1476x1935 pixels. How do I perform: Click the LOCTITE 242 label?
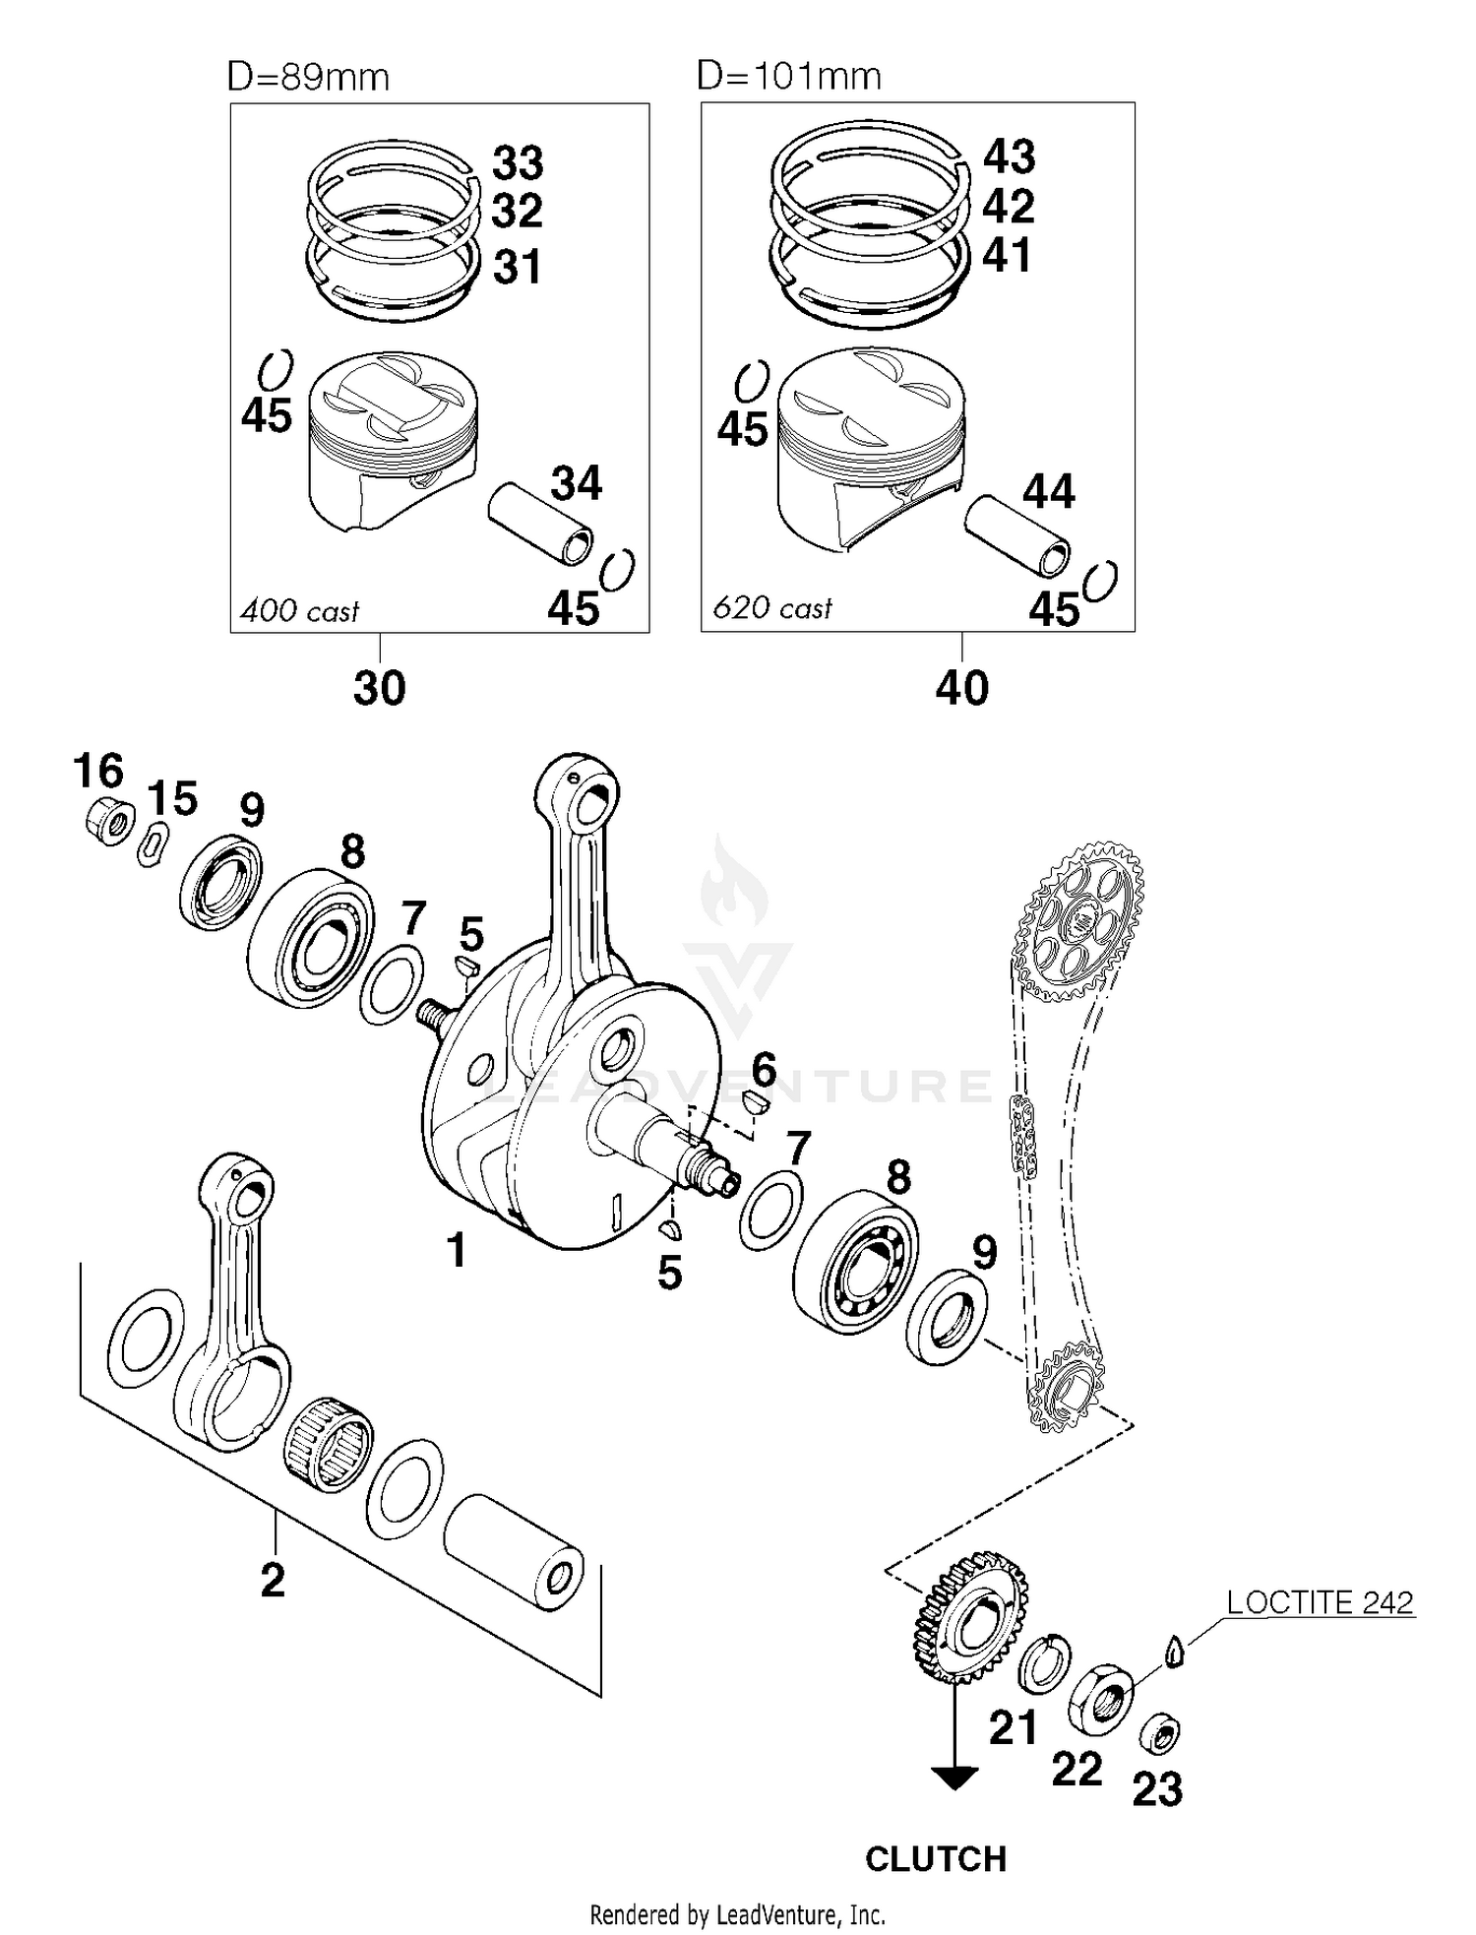click(1319, 1603)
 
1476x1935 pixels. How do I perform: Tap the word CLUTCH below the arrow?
click(936, 1859)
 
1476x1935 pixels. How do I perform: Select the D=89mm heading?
click(308, 77)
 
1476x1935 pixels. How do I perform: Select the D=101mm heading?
click(788, 76)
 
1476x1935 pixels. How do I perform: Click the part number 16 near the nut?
click(98, 771)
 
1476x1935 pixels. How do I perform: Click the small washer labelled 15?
click(153, 845)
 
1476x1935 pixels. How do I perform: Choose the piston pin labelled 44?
click(1017, 536)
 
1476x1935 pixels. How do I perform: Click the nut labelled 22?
click(1101, 1700)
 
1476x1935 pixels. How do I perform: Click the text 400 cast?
click(300, 611)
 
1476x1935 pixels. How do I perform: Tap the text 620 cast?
click(772, 608)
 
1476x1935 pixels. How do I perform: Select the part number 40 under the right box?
click(961, 688)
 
